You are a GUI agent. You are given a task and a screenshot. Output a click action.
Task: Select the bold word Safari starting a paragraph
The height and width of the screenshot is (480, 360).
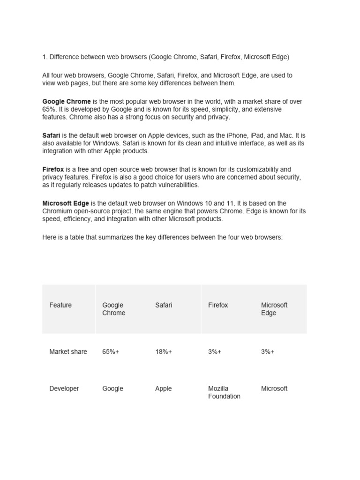(x=51, y=135)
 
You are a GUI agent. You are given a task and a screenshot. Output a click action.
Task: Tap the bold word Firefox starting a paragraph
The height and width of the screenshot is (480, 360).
(x=53, y=169)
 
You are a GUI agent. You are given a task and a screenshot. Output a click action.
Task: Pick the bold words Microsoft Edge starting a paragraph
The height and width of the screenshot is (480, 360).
(x=66, y=203)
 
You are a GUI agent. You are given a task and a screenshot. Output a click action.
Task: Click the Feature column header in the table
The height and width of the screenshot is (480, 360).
(x=60, y=305)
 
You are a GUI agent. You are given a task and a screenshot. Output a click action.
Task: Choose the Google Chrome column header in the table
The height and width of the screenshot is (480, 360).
(x=113, y=309)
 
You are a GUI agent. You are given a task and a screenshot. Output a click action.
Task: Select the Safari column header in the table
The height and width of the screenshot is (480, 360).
(x=164, y=305)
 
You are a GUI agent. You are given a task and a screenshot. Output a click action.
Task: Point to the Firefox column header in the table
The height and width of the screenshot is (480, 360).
(x=218, y=305)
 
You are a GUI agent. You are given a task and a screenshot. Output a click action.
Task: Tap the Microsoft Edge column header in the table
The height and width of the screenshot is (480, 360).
(x=274, y=309)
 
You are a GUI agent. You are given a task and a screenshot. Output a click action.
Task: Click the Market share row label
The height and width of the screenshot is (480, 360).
(x=68, y=352)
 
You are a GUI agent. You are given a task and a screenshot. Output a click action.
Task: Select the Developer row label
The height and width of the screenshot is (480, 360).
(x=64, y=389)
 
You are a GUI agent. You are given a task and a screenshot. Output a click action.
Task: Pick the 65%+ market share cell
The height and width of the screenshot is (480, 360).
(x=111, y=352)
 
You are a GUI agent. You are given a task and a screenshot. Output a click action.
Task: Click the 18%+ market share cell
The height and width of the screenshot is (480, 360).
(x=164, y=352)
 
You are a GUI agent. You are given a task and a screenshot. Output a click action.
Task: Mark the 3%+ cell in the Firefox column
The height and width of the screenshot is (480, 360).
(x=215, y=352)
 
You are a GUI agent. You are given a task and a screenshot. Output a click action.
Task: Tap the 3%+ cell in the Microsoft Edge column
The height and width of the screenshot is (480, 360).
(x=268, y=352)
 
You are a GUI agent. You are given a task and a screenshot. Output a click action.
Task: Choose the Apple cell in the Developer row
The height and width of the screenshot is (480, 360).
(x=164, y=389)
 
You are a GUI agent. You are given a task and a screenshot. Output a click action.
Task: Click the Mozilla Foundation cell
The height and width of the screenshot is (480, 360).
(x=224, y=392)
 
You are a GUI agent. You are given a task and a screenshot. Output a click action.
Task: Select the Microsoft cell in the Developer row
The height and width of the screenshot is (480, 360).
(x=274, y=389)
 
